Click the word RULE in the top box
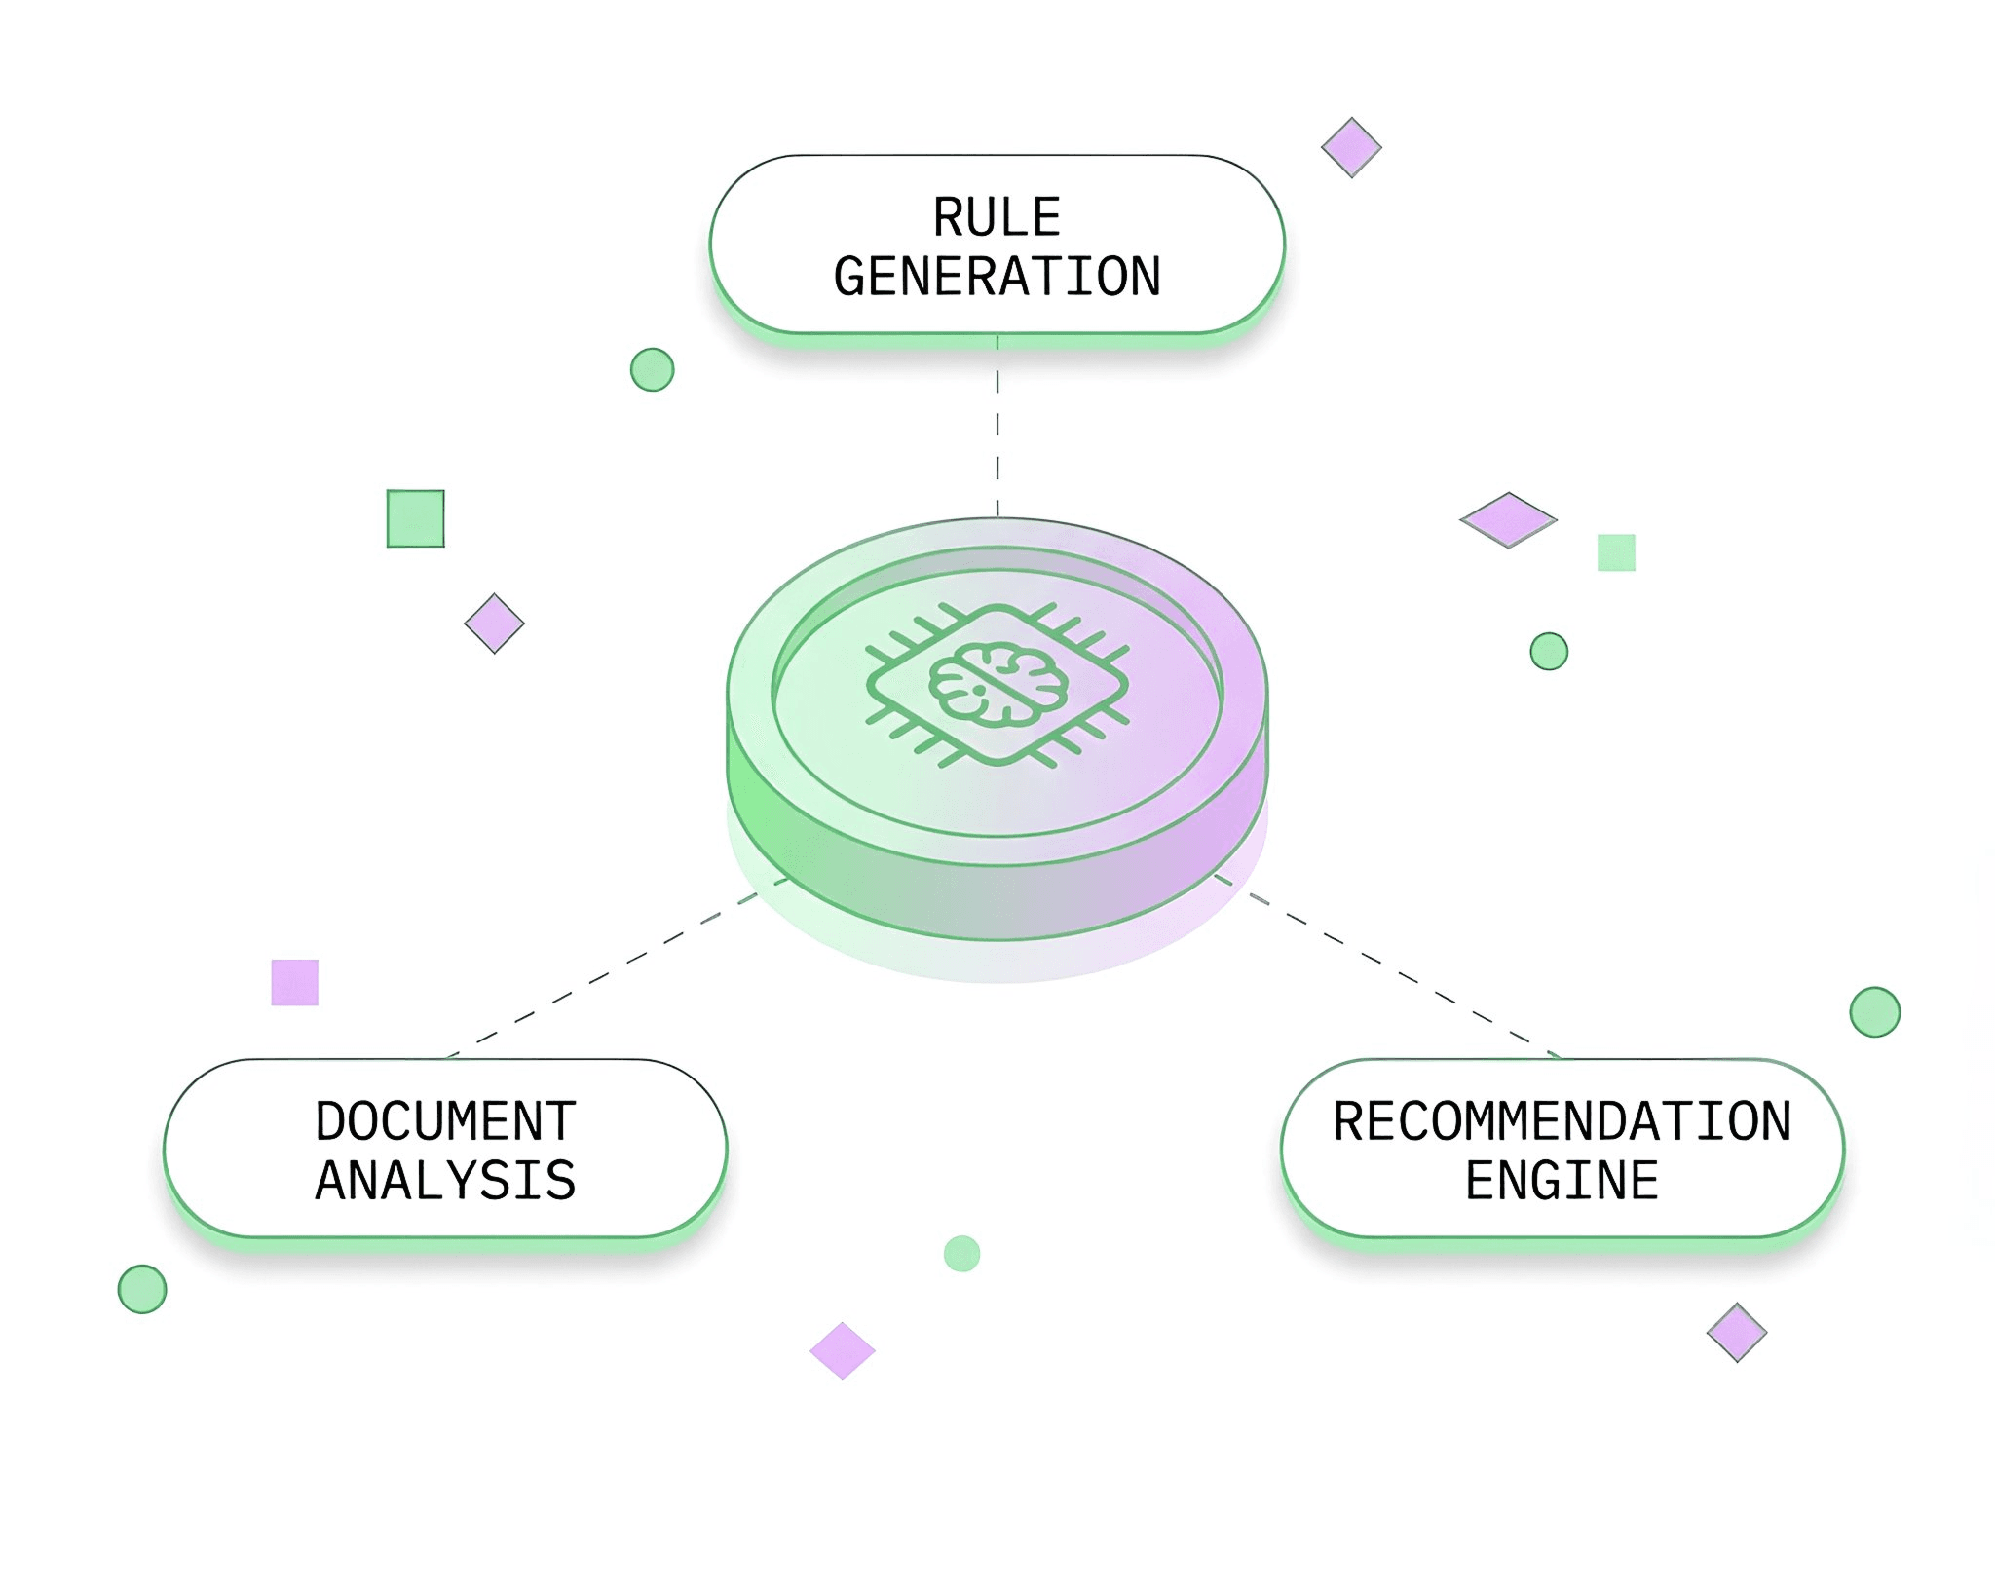[x=997, y=217]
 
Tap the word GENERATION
[x=997, y=277]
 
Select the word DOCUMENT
[x=446, y=1121]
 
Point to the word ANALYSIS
[x=446, y=1181]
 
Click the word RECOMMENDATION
[x=1562, y=1121]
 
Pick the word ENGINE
[x=1562, y=1181]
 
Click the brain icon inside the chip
[x=997, y=685]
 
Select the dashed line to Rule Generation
[x=997, y=426]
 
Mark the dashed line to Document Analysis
[x=617, y=967]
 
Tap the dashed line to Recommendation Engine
[x=1387, y=965]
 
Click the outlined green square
[x=416, y=518]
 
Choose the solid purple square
[x=295, y=982]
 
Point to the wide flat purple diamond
[x=1508, y=520]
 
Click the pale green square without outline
[x=1616, y=552]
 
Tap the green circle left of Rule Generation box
[x=653, y=369]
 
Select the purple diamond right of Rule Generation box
[x=1351, y=148]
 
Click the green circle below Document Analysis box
[x=142, y=1289]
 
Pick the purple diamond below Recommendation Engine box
[x=1737, y=1332]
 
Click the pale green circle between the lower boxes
[x=962, y=1254]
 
